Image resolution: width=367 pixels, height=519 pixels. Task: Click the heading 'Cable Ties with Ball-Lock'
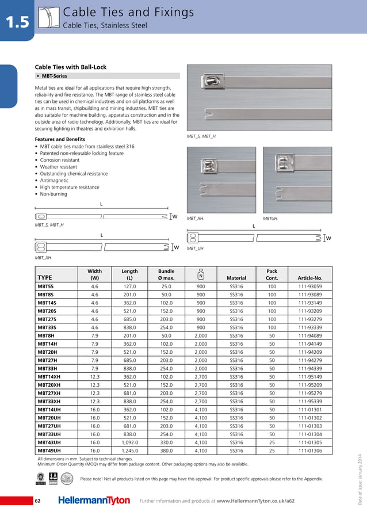71,67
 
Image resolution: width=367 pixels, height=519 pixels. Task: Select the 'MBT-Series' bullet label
52,76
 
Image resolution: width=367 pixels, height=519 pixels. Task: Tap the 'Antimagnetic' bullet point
55,180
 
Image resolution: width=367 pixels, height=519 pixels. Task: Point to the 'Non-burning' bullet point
53,194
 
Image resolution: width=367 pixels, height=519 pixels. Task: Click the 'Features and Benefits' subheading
60,139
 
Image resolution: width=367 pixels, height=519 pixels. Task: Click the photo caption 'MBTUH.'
271,219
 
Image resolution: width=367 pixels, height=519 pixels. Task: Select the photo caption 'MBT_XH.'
196,219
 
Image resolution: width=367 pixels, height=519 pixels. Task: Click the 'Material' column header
236,278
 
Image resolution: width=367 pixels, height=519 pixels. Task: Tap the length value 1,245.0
129,451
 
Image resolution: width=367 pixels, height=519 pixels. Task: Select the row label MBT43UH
48,443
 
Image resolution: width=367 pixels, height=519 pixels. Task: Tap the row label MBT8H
46,335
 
